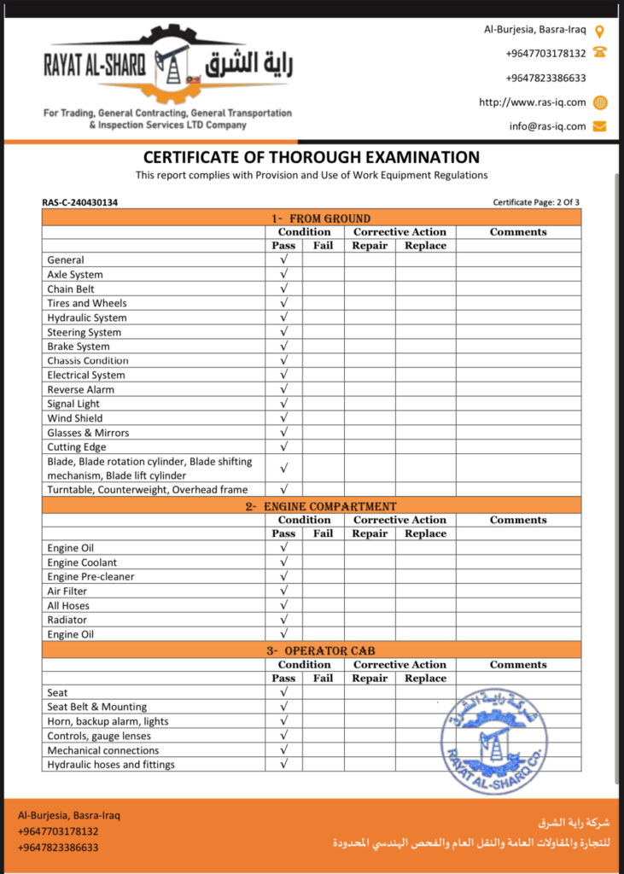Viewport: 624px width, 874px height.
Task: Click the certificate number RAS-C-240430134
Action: point(80,202)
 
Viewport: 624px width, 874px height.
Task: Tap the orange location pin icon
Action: point(599,32)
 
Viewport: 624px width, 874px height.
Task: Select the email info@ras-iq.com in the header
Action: point(547,126)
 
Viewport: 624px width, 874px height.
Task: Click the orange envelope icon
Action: point(599,126)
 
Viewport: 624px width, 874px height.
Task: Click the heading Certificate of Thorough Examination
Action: point(312,157)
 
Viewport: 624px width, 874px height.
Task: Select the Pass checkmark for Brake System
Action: point(283,347)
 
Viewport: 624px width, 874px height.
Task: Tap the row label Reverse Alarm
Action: point(80,389)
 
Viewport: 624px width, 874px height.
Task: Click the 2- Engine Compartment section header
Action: point(311,505)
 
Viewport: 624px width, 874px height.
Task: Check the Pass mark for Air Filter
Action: point(283,591)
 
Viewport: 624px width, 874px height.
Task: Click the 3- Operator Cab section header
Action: point(311,650)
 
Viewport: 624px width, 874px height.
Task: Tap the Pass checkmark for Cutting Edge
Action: point(283,446)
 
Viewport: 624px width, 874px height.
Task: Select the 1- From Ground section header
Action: point(311,218)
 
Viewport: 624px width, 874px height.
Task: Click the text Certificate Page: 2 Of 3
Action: point(536,202)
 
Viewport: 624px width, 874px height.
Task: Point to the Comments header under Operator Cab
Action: point(518,665)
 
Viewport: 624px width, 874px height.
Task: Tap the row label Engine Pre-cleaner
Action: point(90,576)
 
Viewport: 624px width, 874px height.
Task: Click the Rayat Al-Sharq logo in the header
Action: point(168,67)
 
